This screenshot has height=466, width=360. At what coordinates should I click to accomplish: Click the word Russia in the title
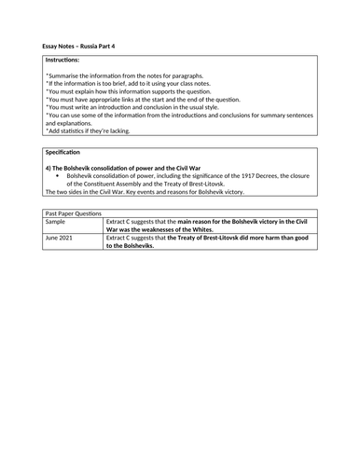point(88,46)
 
